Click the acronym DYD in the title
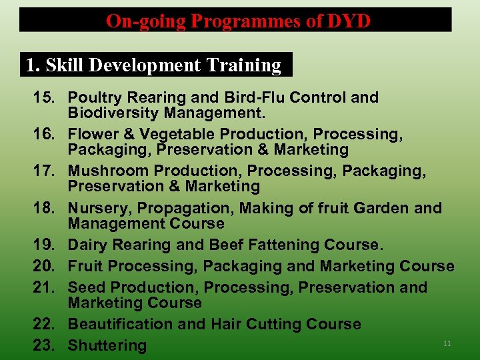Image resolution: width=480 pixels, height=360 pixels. click(x=348, y=21)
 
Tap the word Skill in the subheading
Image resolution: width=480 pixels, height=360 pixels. click(x=65, y=65)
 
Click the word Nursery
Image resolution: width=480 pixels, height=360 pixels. click(x=95, y=208)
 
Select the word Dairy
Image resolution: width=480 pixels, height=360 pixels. click(x=87, y=245)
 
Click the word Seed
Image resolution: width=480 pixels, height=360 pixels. click(x=87, y=287)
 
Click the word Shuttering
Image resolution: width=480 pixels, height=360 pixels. click(x=107, y=345)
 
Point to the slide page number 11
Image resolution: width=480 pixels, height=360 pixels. click(x=447, y=343)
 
